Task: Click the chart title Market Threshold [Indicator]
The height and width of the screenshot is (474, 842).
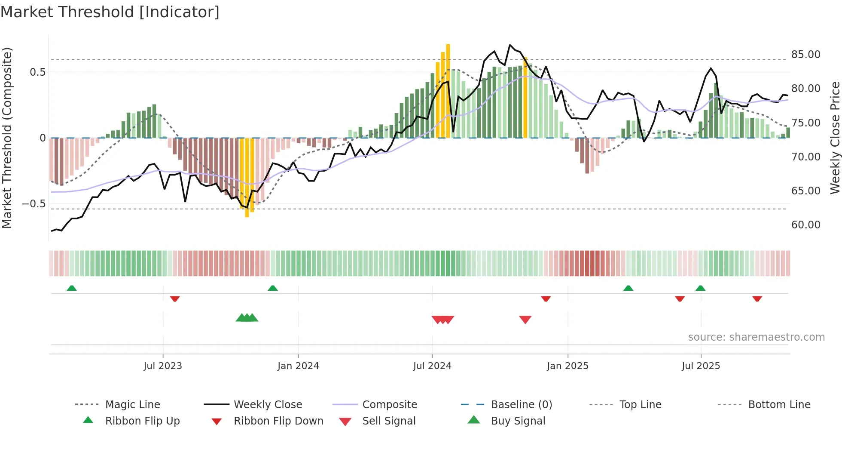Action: (110, 12)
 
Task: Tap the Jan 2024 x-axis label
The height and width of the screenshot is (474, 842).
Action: (298, 366)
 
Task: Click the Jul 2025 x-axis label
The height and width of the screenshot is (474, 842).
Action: (701, 366)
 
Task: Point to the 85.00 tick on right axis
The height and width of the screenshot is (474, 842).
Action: (805, 55)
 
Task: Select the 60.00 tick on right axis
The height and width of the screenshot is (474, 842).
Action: (805, 225)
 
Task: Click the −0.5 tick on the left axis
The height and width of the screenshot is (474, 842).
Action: (34, 203)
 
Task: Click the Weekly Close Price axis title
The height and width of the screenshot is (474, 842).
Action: (835, 138)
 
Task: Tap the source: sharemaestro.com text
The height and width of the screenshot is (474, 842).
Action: (756, 337)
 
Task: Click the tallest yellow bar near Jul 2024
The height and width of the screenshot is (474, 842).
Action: (448, 90)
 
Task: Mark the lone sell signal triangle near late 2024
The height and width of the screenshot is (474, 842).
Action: (525, 320)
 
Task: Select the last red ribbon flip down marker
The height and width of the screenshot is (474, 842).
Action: (757, 299)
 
